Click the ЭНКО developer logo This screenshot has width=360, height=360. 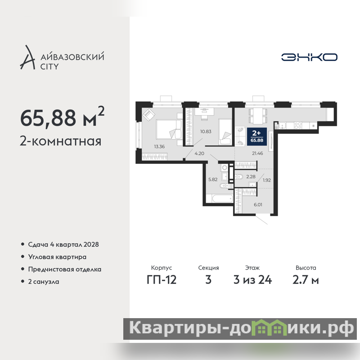tap(309, 57)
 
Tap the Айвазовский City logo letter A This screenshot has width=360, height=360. tap(27, 58)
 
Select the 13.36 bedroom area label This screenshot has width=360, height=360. tap(159, 147)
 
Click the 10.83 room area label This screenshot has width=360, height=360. tap(206, 131)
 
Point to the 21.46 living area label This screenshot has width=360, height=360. tap(257, 153)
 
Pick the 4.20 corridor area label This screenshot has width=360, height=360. tap(199, 153)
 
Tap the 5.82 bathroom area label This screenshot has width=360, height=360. tap(213, 180)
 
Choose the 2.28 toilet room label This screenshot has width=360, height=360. tap(251, 176)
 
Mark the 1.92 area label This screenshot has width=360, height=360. tap(267, 180)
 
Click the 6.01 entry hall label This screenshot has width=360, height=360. tap(258, 205)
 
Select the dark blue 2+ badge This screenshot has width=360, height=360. tap(257, 137)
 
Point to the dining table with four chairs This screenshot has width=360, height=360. tap(258, 116)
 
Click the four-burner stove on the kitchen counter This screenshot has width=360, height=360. tap(298, 126)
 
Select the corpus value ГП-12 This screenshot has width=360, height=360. tap(162, 280)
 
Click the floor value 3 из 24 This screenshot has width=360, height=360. tap(252, 280)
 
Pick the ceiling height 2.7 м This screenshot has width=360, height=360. tap(306, 280)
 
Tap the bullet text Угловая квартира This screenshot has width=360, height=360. tap(57, 257)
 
